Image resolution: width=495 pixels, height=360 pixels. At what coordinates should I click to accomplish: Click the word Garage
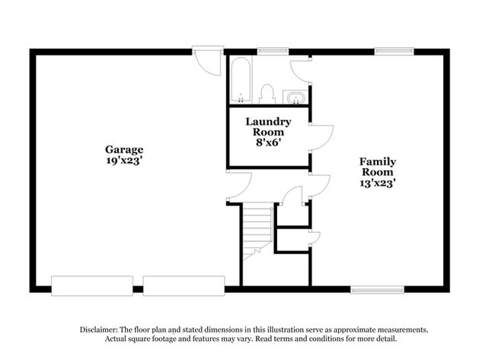click(x=124, y=149)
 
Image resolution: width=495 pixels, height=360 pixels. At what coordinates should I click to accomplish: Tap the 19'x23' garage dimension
click(x=124, y=161)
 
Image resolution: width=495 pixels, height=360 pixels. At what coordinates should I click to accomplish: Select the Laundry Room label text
click(x=267, y=126)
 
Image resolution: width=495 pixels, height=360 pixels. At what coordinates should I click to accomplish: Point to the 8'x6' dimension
click(x=267, y=142)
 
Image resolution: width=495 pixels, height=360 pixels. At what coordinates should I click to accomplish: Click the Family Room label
click(x=378, y=167)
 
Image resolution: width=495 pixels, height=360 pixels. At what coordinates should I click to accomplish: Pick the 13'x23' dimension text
click(x=378, y=183)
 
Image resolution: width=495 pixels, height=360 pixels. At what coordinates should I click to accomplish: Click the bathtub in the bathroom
click(x=239, y=80)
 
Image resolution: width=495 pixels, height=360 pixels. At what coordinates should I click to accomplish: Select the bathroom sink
click(x=295, y=97)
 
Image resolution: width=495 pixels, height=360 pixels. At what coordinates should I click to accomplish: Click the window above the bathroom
click(x=272, y=52)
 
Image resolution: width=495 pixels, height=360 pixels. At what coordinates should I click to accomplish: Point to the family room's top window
click(x=394, y=52)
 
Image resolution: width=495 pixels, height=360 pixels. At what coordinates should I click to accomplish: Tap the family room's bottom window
click(x=376, y=289)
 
